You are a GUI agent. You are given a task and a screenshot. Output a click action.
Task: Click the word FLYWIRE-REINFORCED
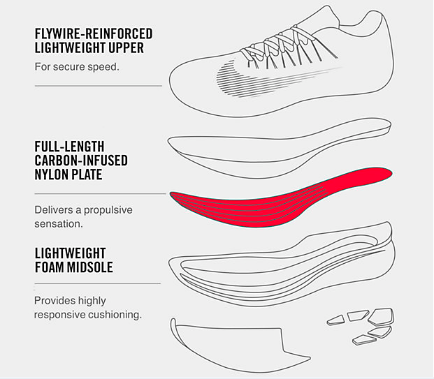tap(94, 34)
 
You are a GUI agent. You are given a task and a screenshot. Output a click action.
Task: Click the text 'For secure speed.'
tap(77, 67)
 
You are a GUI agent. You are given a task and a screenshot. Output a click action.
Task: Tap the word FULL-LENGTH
tap(69, 147)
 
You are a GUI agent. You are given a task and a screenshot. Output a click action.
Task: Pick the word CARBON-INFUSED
tap(81, 161)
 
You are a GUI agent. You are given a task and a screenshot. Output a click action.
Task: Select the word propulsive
tap(108, 210)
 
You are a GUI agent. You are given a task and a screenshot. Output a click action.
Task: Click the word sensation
tap(59, 224)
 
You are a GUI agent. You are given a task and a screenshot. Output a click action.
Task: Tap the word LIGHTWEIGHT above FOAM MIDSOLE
tap(71, 253)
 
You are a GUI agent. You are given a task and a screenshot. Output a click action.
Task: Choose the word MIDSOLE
tap(89, 267)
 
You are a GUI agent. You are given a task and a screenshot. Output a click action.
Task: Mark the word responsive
tap(60, 315)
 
